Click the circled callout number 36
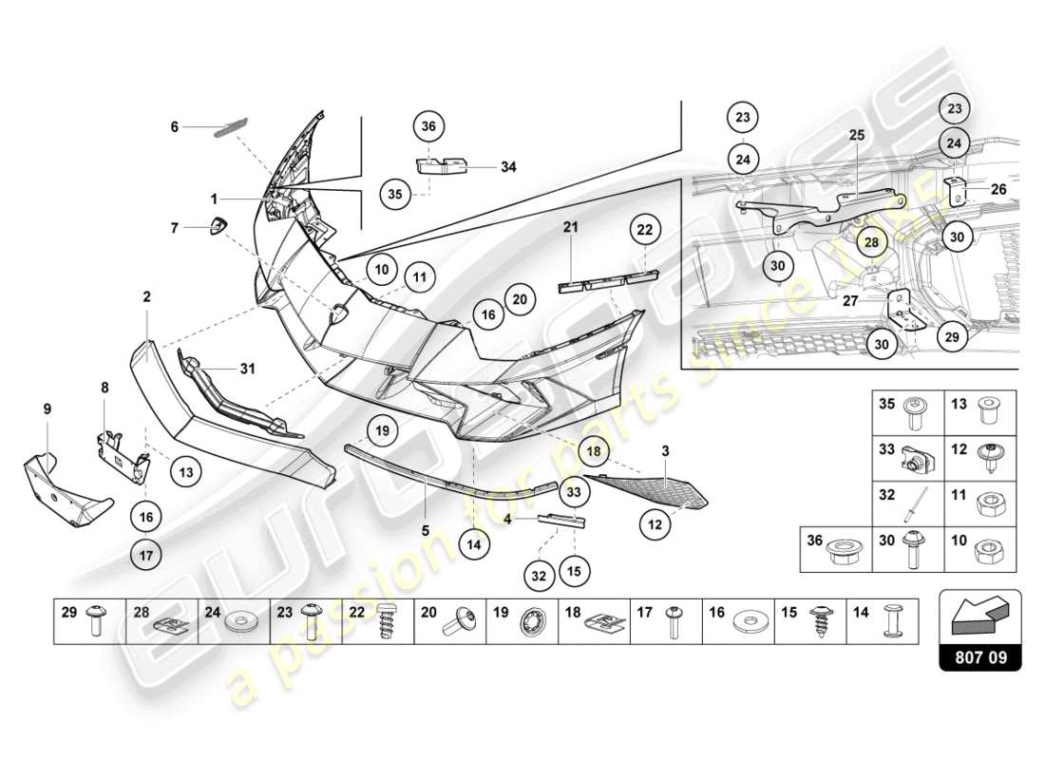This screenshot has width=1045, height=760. (428, 126)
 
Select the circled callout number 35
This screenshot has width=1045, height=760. (396, 194)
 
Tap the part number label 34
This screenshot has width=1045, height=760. (508, 167)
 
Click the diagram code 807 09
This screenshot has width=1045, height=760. (979, 655)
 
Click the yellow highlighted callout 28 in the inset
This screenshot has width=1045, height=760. (871, 242)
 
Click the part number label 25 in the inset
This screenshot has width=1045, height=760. (856, 136)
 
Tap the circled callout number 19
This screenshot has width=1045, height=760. (381, 431)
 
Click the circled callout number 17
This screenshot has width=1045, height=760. (145, 554)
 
